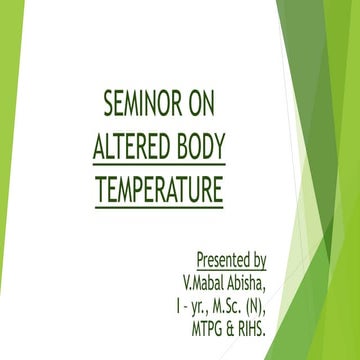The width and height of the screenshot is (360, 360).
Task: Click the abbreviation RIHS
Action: point(262,321)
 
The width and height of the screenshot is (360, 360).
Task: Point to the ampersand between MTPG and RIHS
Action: point(236,321)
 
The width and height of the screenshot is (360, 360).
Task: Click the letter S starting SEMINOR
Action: point(109,102)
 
